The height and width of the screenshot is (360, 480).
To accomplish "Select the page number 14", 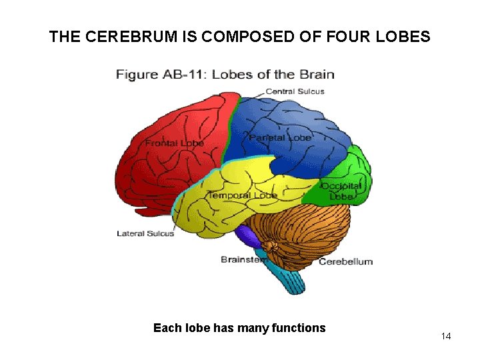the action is pos(446,336).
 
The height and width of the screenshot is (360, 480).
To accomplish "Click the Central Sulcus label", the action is pos(295,91).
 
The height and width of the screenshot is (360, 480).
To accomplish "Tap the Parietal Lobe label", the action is pos(280,137).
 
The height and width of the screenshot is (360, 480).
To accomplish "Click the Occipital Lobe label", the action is pos(341,191).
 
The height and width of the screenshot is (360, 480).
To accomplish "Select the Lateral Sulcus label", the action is pos(145,233).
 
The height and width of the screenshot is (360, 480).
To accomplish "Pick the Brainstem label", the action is pos(242,259).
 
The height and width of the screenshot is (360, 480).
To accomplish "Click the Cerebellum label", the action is pos(345,261).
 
